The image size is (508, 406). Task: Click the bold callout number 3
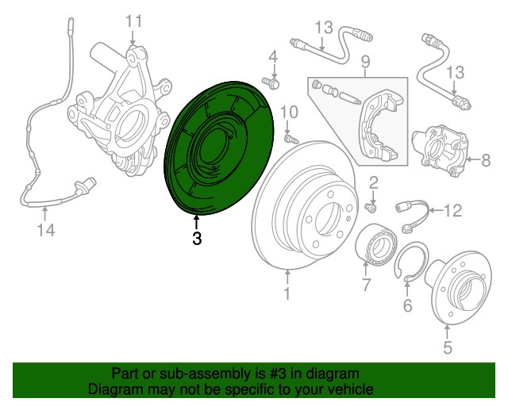coord(197,238)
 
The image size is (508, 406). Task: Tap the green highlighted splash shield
coord(219,147)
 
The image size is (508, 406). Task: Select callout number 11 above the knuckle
coord(134,21)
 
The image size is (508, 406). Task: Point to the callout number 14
coord(46,230)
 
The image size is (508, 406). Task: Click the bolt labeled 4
coord(271,82)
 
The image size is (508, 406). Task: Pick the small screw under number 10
coord(291,140)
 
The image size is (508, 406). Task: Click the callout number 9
coord(365,62)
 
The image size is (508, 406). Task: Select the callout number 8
coord(486,160)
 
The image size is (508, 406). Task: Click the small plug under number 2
coord(371,207)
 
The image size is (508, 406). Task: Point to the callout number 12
coord(452,211)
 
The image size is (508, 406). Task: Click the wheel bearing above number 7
coord(376,244)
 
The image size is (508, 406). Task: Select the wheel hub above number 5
coord(460,286)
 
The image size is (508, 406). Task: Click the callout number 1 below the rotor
coord(287,293)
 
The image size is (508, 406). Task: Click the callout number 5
coord(448,347)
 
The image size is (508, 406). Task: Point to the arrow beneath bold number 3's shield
coord(196,222)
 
